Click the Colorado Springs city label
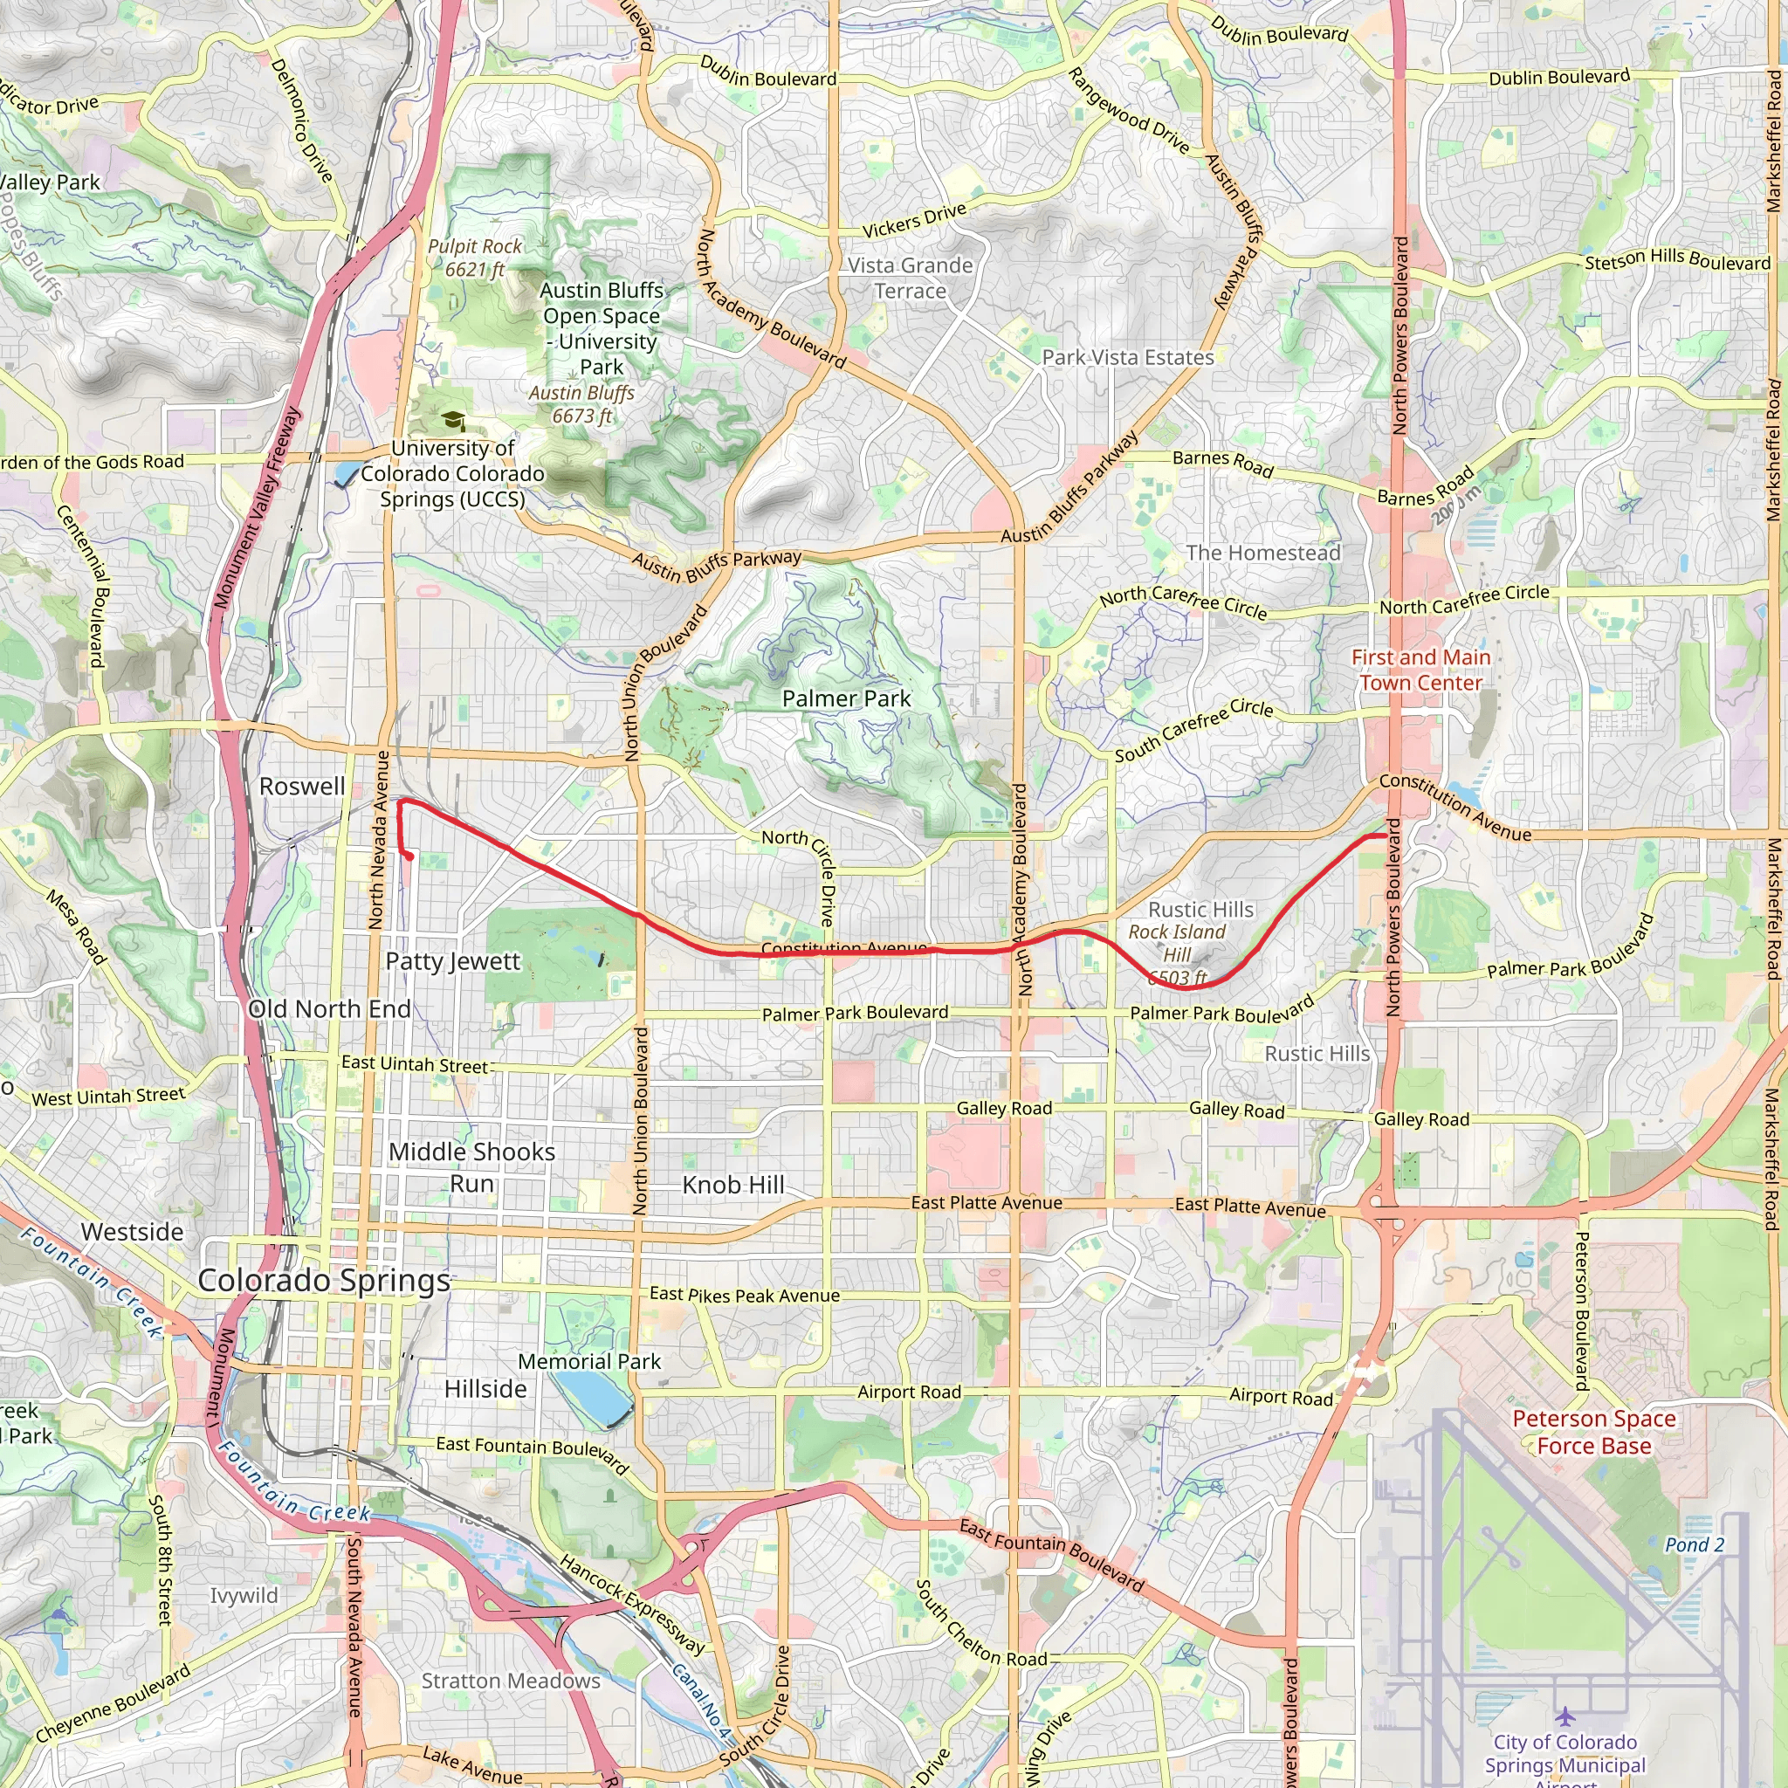click(x=324, y=1281)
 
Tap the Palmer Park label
click(x=846, y=698)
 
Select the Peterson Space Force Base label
click(x=1593, y=1432)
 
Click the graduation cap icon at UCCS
click(x=453, y=422)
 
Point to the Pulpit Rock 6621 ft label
click(x=475, y=258)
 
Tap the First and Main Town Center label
click(x=1420, y=670)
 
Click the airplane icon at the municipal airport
click(x=1564, y=1716)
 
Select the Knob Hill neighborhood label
click(x=733, y=1186)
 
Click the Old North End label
click(x=329, y=1008)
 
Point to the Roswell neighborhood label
click(x=302, y=787)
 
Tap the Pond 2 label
click(x=1694, y=1544)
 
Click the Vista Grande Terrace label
click(x=910, y=279)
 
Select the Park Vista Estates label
click(x=1127, y=358)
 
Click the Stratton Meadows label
click(x=511, y=1680)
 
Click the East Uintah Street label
click(x=414, y=1064)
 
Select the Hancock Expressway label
click(x=633, y=1603)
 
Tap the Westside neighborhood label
click(x=133, y=1232)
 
